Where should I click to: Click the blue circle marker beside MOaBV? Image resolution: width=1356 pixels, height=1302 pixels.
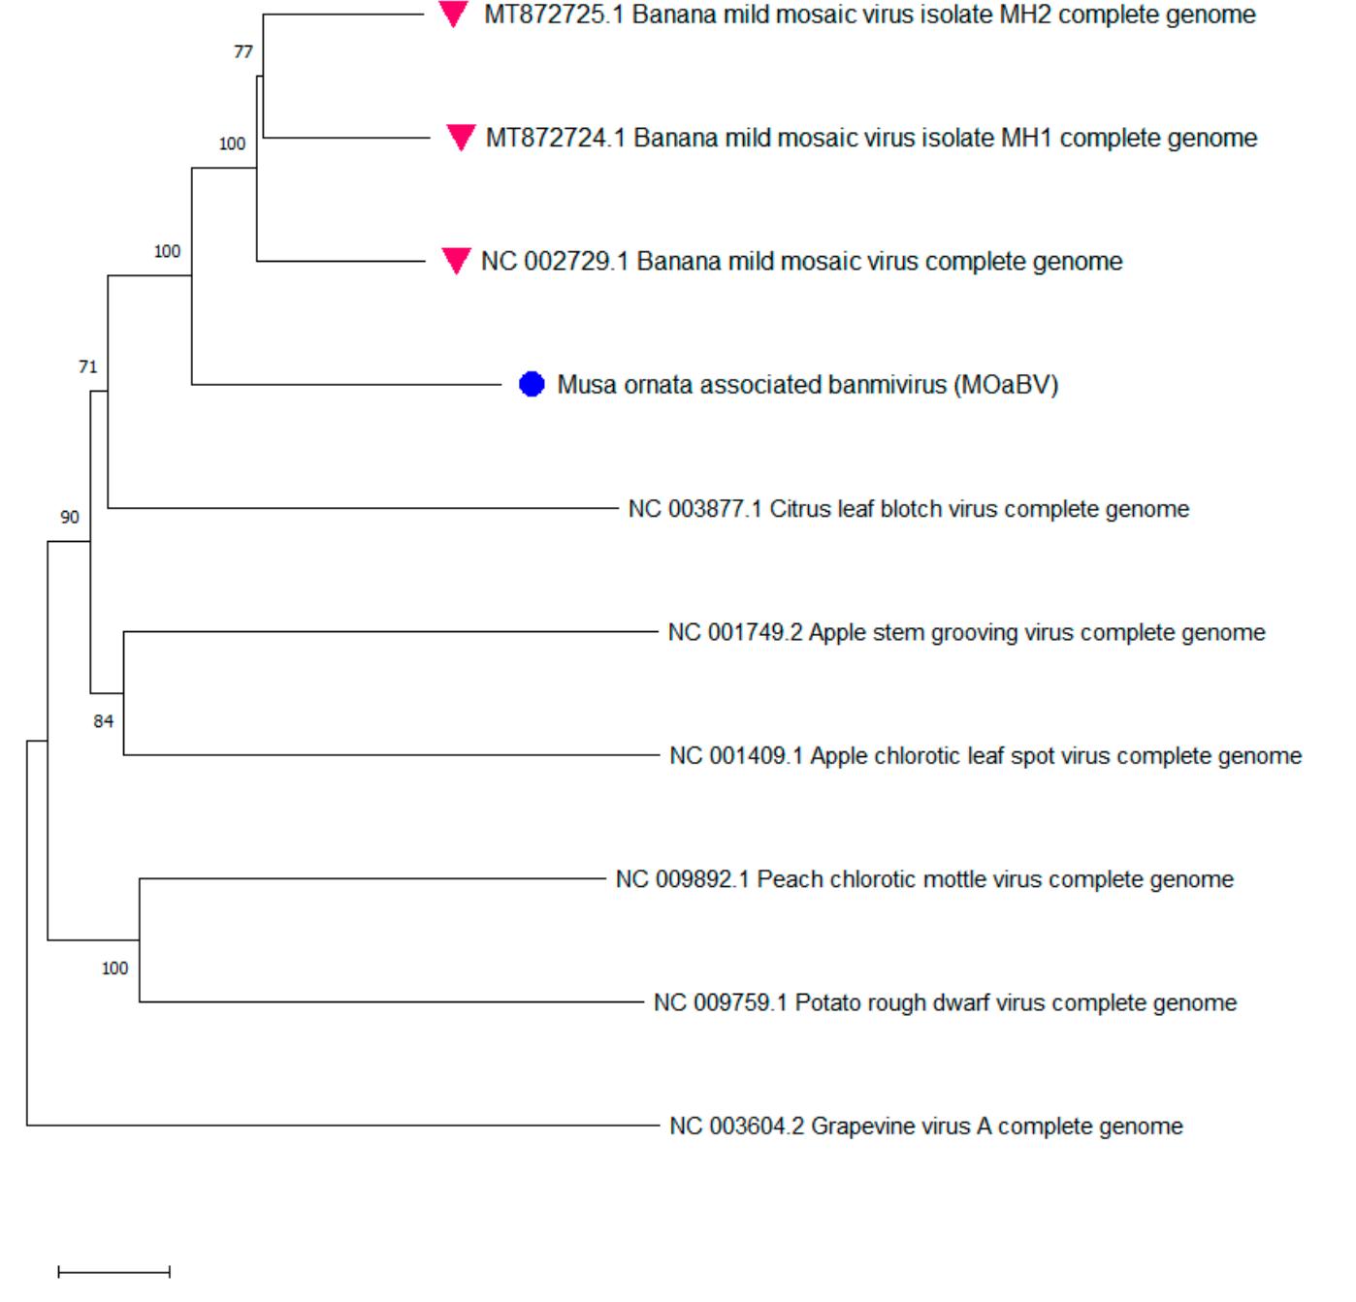pos(532,385)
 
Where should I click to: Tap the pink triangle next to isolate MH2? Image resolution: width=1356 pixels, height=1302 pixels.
pos(453,14)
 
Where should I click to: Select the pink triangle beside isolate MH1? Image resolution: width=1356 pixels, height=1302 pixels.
pos(461,137)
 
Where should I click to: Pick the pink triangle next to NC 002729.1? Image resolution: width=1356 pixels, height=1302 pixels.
pos(456,260)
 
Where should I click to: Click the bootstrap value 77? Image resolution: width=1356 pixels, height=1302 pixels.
pos(243,52)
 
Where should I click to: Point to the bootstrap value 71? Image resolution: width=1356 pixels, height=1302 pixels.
pos(88,366)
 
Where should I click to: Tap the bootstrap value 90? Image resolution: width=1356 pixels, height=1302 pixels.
pos(70,518)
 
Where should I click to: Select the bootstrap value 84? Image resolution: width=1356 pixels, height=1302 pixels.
pos(104,721)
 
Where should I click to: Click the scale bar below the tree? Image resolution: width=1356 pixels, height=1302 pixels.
pos(114,1271)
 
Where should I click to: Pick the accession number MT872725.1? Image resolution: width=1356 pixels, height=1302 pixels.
pos(554,15)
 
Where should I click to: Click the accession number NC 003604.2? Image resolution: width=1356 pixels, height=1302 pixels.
pos(736,1127)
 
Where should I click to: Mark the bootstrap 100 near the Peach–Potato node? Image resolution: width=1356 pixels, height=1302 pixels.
pos(114,969)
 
